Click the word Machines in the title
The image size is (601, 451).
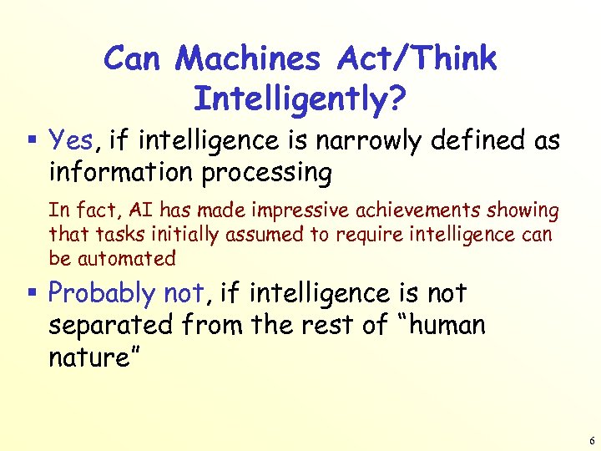point(249,58)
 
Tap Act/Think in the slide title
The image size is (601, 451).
point(417,58)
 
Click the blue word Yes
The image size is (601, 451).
point(70,139)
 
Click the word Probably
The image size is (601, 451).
point(101,293)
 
